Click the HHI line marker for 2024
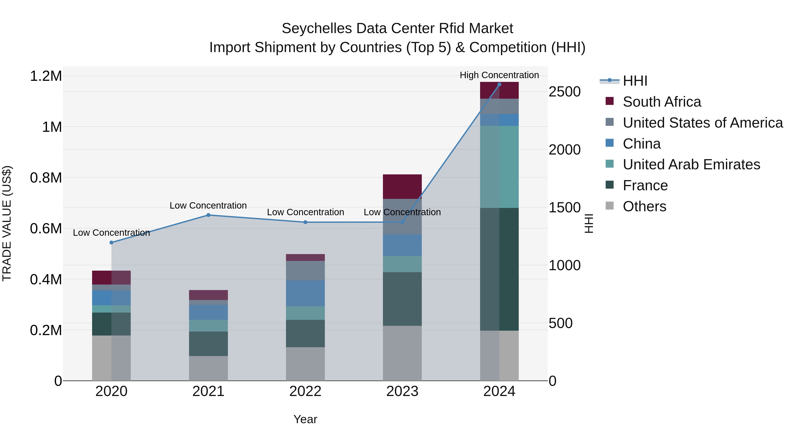[499, 85]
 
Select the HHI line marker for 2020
[112, 242]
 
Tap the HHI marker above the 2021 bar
[208, 215]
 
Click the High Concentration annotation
[499, 75]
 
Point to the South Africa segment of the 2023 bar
[402, 186]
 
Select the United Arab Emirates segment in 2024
[499, 167]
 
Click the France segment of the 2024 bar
[499, 269]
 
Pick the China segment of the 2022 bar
[305, 293]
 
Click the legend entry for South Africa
[662, 102]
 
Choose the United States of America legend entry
[702, 123]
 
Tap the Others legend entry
[644, 206]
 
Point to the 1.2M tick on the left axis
[46, 76]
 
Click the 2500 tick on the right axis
[564, 92]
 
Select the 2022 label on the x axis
[305, 391]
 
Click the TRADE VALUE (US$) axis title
[7, 223]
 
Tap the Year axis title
[305, 419]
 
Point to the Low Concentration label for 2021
[208, 206]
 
